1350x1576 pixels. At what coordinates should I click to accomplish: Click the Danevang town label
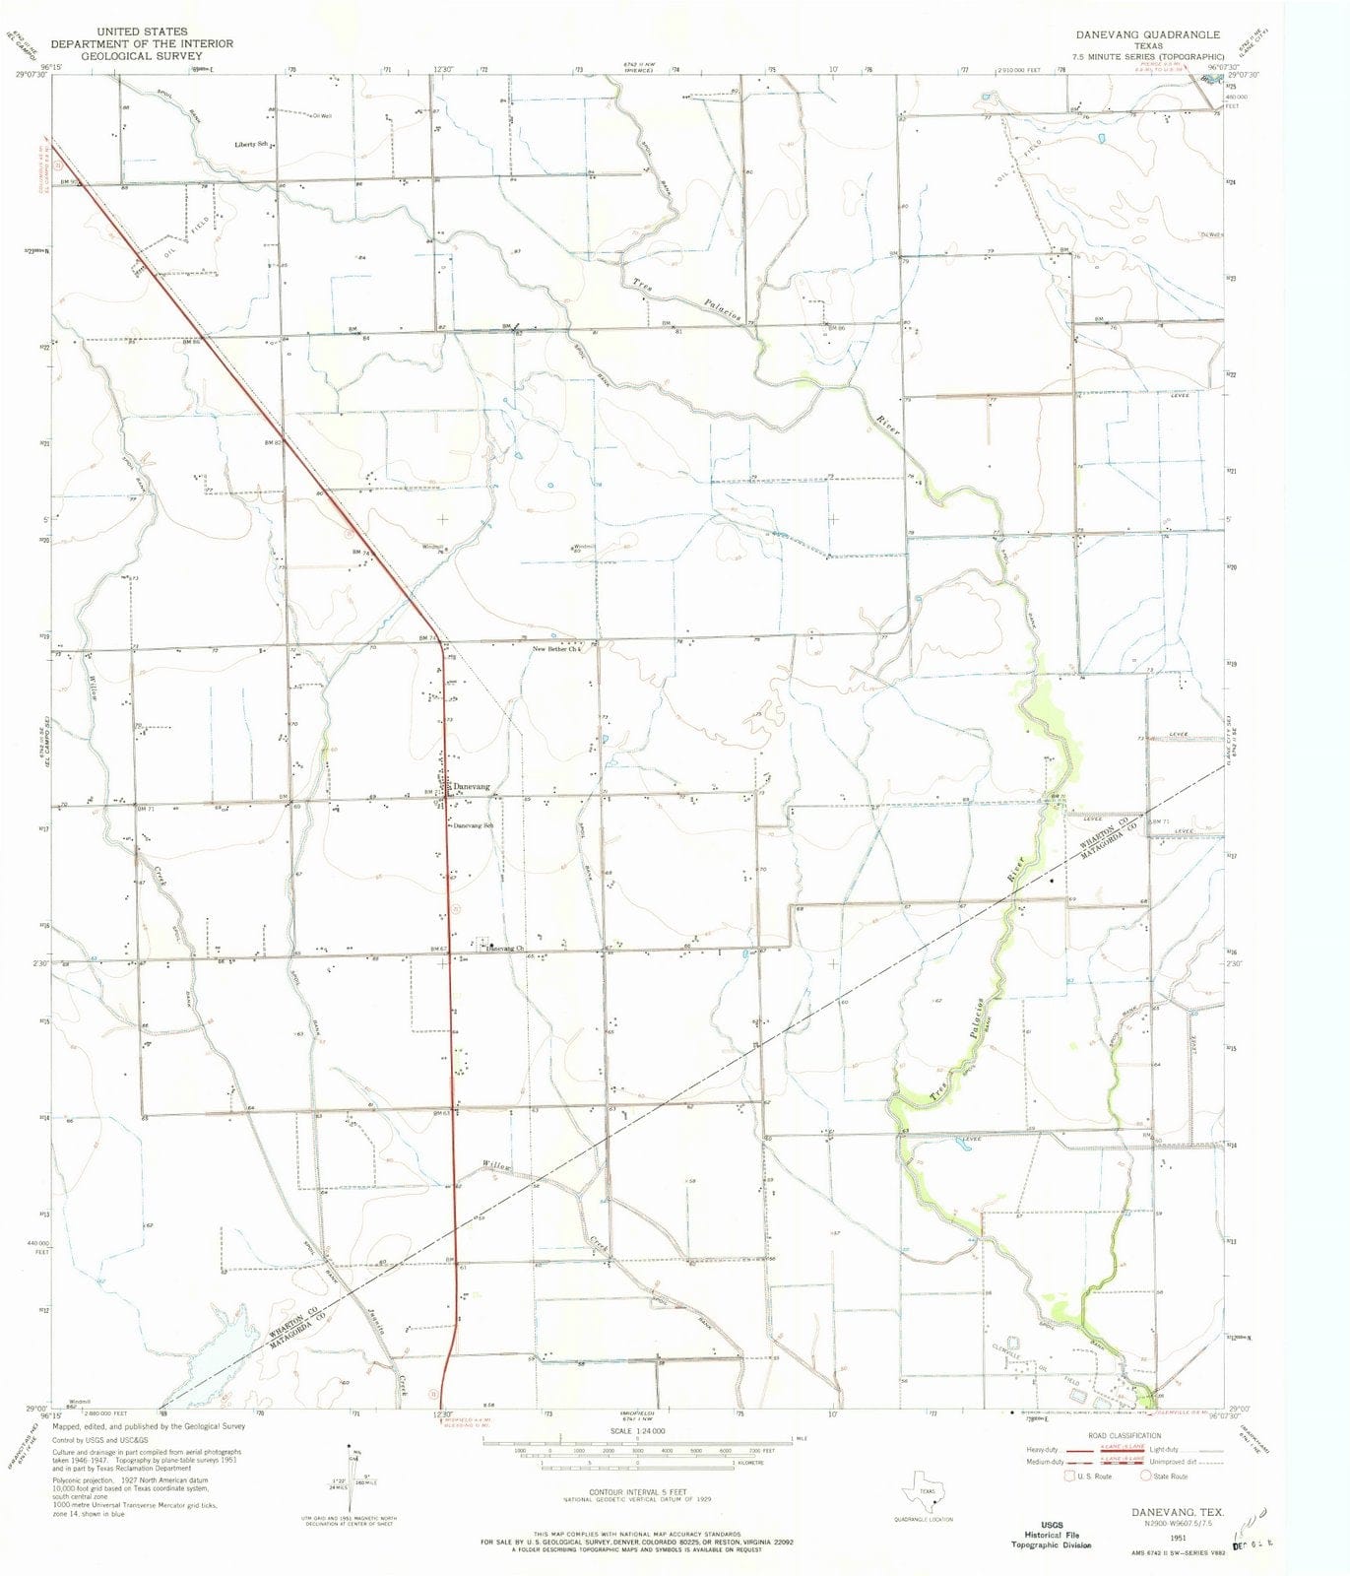click(471, 787)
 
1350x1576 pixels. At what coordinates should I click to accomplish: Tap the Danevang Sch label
click(473, 824)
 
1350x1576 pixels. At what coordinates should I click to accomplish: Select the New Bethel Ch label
click(557, 649)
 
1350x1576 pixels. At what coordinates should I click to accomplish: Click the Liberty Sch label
click(251, 145)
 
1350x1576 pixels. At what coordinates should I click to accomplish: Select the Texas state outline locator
click(923, 1483)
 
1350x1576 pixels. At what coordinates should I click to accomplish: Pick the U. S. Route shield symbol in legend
click(1069, 1476)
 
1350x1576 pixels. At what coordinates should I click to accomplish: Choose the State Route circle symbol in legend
click(1146, 1476)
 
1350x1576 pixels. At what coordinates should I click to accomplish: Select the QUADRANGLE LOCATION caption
click(923, 1519)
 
